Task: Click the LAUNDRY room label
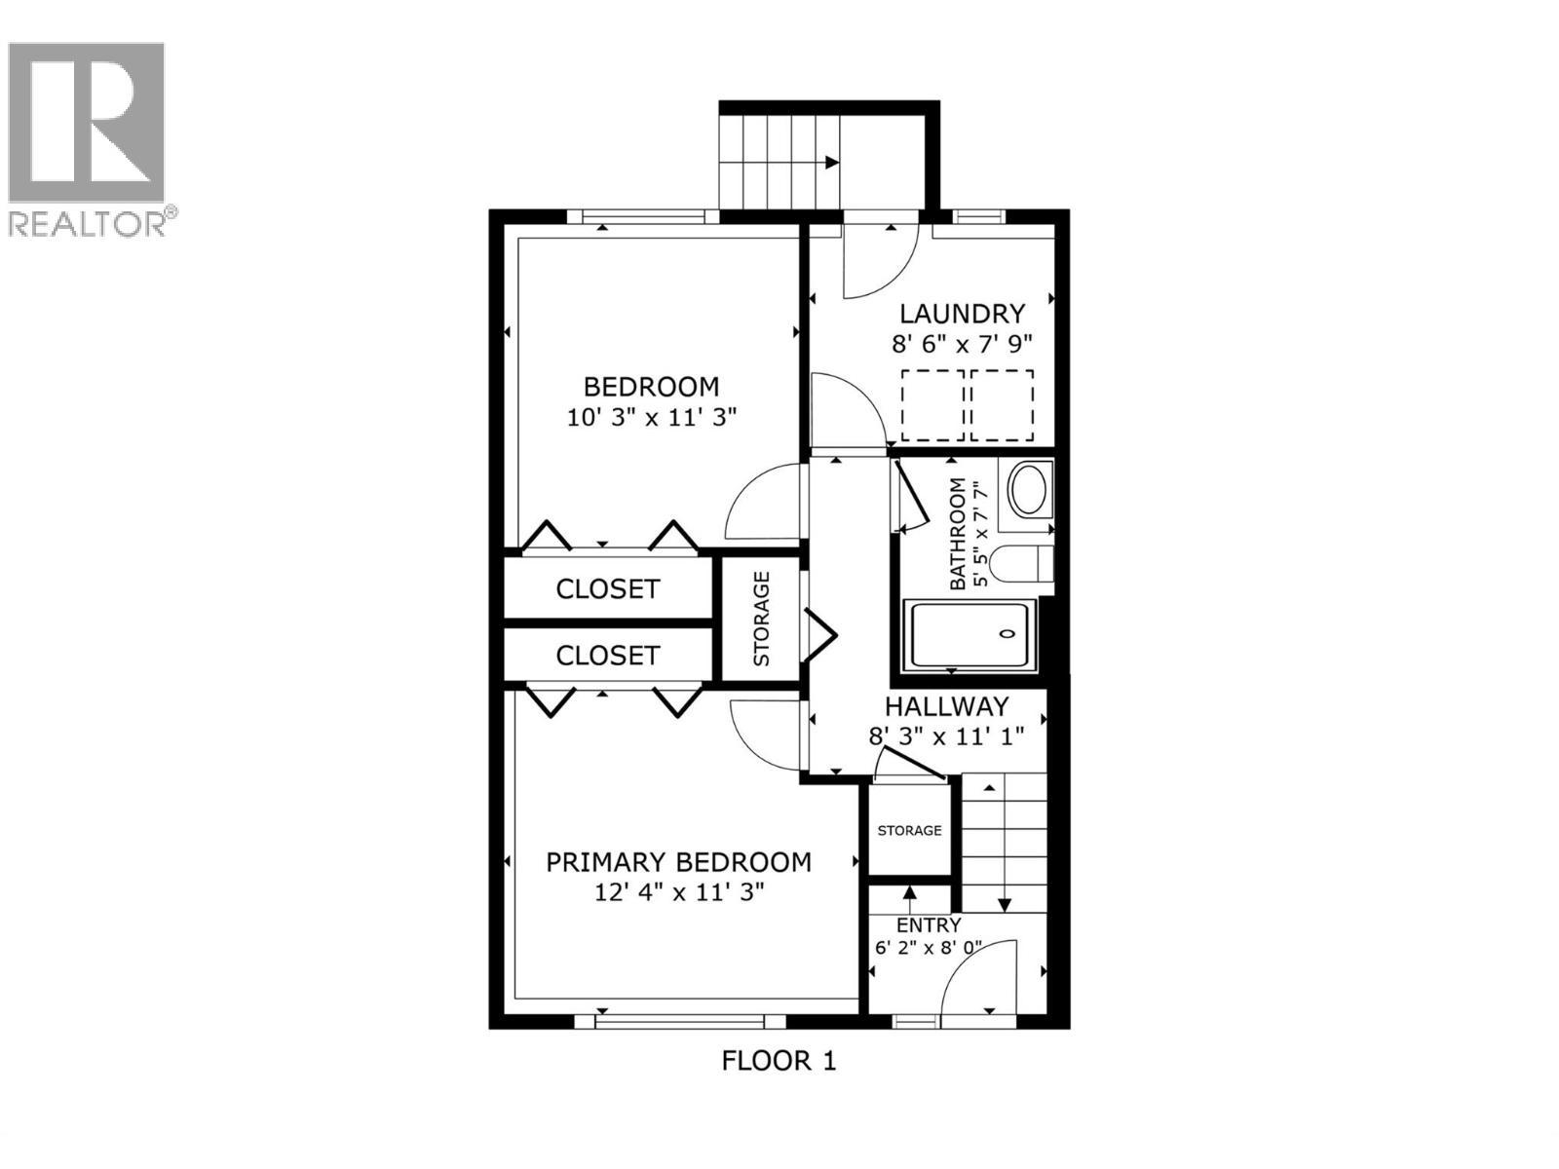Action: pyautogui.click(x=961, y=314)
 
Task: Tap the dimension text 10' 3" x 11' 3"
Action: pyautogui.click(x=651, y=418)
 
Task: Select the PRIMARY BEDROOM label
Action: pyautogui.click(x=678, y=862)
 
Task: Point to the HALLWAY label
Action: pyautogui.click(x=946, y=706)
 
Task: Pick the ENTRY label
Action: pyautogui.click(x=929, y=925)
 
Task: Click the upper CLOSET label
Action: pyautogui.click(x=607, y=589)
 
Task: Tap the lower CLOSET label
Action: pyautogui.click(x=607, y=656)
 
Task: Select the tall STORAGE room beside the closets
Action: pyautogui.click(x=761, y=619)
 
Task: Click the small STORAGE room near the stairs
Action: pyautogui.click(x=909, y=830)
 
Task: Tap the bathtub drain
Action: pyautogui.click(x=1008, y=634)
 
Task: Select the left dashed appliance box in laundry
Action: pyautogui.click(x=932, y=405)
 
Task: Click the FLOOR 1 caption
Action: pyautogui.click(x=779, y=1060)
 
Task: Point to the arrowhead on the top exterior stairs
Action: pyautogui.click(x=831, y=163)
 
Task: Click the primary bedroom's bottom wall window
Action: pyautogui.click(x=679, y=1021)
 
